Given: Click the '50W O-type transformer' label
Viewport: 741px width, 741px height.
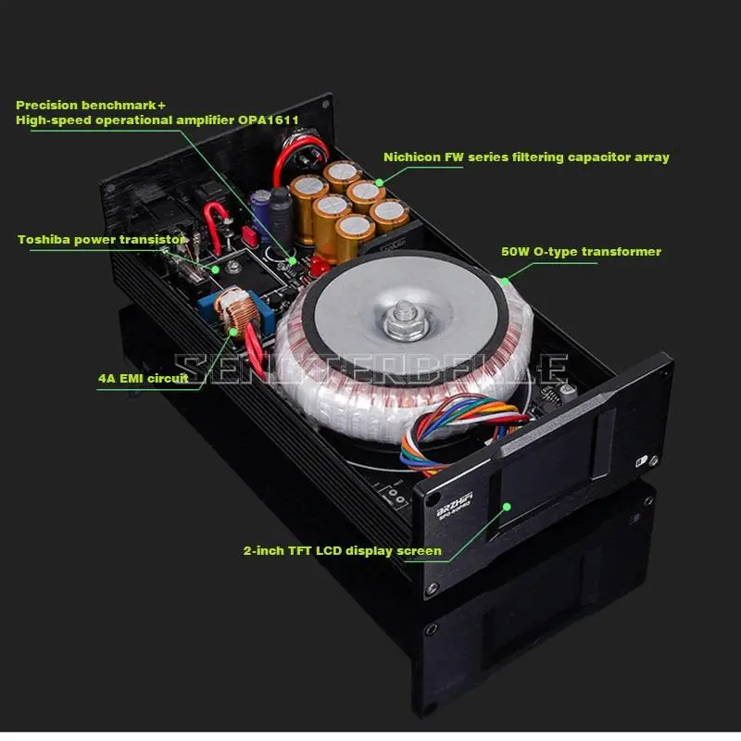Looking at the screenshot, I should (581, 251).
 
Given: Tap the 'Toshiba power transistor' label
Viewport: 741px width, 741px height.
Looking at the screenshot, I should (102, 239).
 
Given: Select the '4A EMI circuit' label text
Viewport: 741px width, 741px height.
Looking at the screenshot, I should (143, 378).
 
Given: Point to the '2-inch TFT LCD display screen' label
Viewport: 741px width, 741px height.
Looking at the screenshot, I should (342, 551).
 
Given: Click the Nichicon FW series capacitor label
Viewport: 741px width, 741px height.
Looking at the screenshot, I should (526, 157).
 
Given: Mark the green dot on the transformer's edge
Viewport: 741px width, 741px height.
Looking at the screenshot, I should (502, 279).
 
